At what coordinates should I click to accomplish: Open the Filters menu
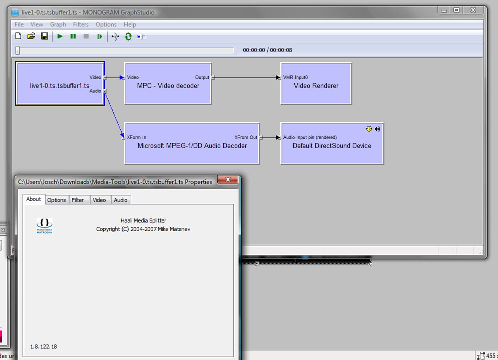(x=81, y=24)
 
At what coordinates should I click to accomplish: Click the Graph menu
(x=58, y=24)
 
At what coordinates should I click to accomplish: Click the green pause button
(x=73, y=36)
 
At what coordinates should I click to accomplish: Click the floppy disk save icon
(x=45, y=36)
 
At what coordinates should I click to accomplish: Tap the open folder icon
(x=31, y=36)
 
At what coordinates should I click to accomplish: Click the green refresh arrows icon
(x=128, y=37)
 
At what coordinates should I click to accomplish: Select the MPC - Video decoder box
(x=168, y=83)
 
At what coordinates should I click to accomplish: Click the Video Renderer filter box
(x=316, y=83)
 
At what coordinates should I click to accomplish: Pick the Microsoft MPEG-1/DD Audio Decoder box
(x=192, y=143)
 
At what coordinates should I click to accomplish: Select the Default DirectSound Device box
(x=332, y=143)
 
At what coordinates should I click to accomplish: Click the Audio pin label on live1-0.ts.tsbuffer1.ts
(x=95, y=91)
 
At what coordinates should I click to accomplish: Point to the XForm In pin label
(x=137, y=137)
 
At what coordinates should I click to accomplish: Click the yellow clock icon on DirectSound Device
(x=369, y=129)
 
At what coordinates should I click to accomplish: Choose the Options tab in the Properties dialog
(x=57, y=200)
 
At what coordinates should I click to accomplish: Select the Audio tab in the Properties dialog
(x=121, y=200)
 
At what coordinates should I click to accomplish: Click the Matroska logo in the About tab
(x=45, y=226)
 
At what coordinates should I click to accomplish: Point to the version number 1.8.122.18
(x=44, y=346)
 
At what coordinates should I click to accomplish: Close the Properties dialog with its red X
(x=228, y=179)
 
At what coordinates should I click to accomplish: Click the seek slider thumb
(x=18, y=50)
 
